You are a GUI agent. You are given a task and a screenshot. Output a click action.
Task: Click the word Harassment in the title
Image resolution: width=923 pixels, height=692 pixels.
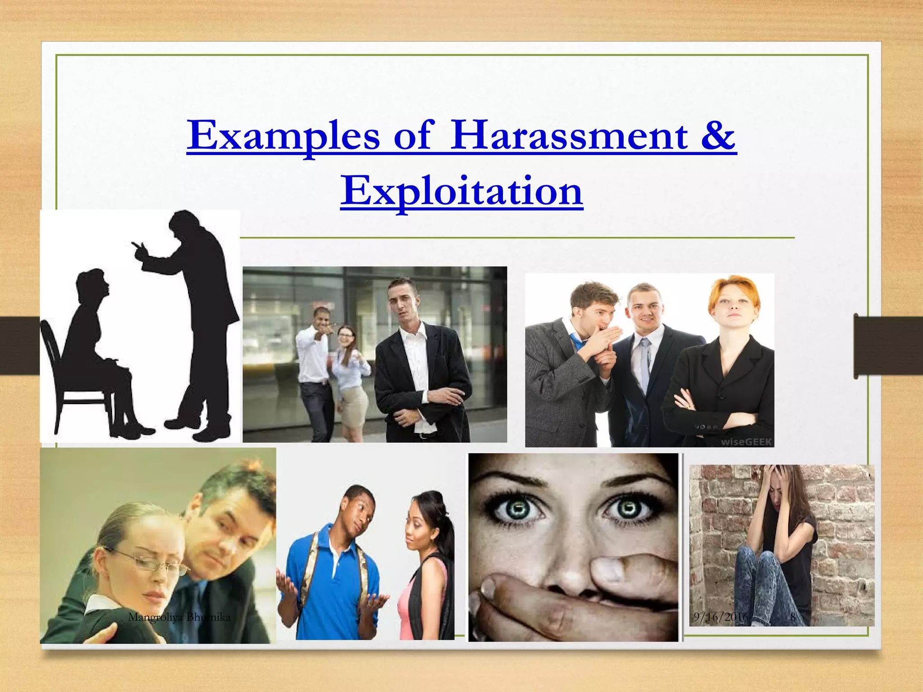click(x=570, y=136)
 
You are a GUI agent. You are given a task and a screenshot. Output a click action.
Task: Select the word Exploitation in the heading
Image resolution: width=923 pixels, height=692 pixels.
click(x=461, y=191)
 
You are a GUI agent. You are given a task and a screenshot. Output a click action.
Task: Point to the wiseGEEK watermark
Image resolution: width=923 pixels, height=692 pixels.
click(x=746, y=442)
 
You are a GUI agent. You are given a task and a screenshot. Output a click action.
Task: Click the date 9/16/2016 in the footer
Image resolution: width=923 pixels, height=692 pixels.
click(x=721, y=617)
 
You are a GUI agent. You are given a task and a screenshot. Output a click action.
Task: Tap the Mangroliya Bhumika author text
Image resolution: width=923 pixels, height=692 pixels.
click(x=179, y=617)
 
